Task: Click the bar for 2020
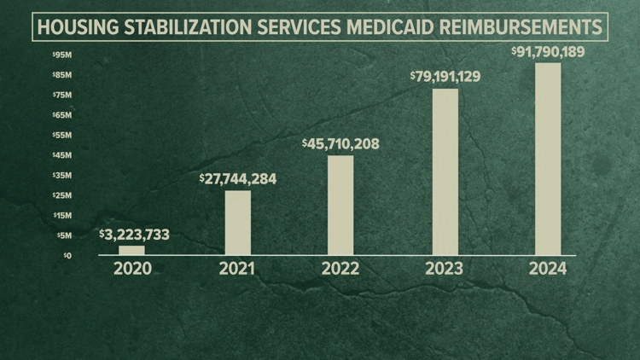click(131, 250)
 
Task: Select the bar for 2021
click(238, 223)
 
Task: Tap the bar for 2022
click(340, 205)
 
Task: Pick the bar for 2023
click(445, 171)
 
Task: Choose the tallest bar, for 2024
click(548, 159)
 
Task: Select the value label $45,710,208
click(340, 143)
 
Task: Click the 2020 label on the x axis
click(131, 269)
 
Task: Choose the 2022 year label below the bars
click(340, 269)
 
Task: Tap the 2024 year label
click(548, 269)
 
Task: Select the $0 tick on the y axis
click(67, 255)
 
